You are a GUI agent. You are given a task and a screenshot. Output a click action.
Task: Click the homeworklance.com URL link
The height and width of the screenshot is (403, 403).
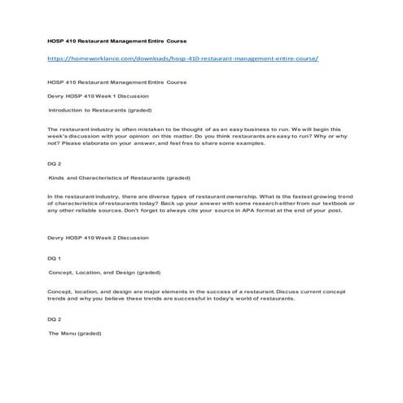point(182,59)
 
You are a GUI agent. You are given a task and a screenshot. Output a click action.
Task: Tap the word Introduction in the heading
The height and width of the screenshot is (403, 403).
point(68,109)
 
